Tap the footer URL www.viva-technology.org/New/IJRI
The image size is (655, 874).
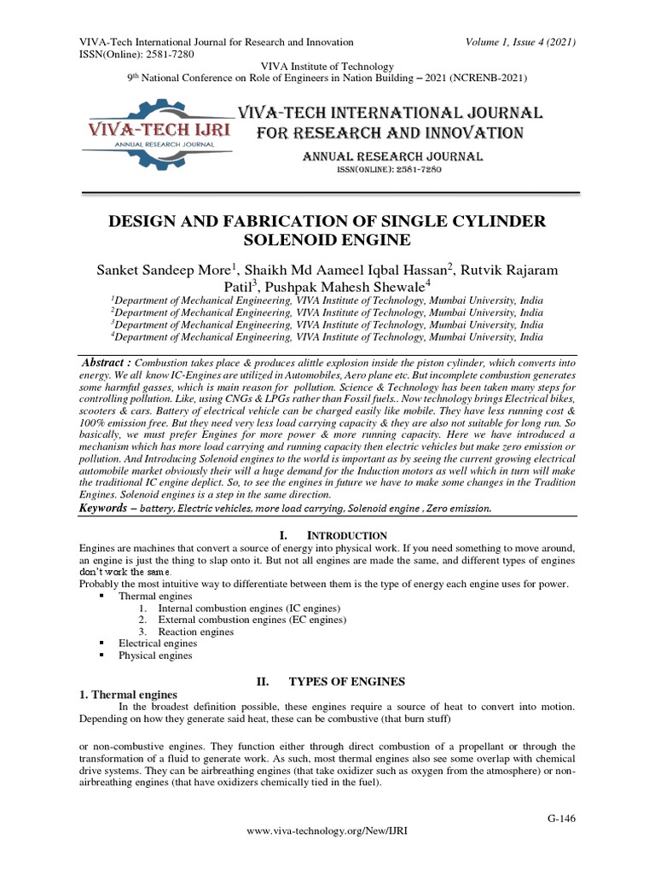(327, 853)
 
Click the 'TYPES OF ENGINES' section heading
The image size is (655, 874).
(346, 681)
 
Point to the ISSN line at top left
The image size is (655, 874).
(137, 54)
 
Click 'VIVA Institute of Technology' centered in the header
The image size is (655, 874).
(327, 67)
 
